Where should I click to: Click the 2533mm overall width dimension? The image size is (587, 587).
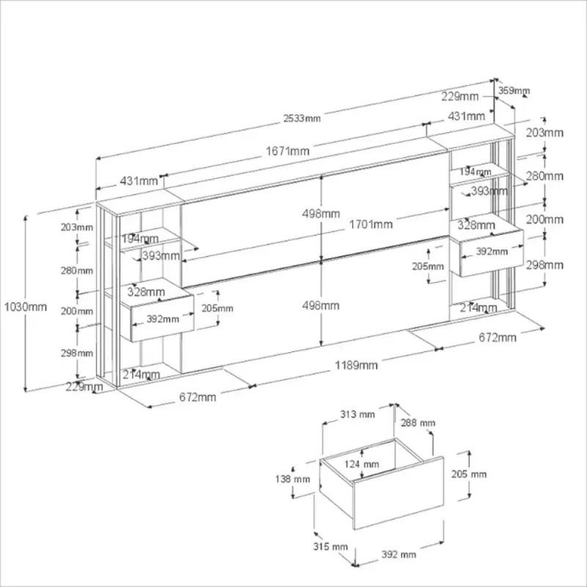pos(303,119)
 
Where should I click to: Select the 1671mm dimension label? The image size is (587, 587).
pos(288,151)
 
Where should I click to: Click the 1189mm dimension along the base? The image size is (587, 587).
pos(357,365)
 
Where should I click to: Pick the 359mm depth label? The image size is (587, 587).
pos(514,91)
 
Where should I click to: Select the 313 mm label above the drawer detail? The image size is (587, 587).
pos(357,415)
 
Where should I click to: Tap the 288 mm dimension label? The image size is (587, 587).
pos(418,423)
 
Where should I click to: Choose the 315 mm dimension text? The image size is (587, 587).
pos(329,547)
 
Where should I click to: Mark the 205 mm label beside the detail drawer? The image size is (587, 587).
pos(468,474)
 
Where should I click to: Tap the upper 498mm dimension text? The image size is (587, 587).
pos(321,214)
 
